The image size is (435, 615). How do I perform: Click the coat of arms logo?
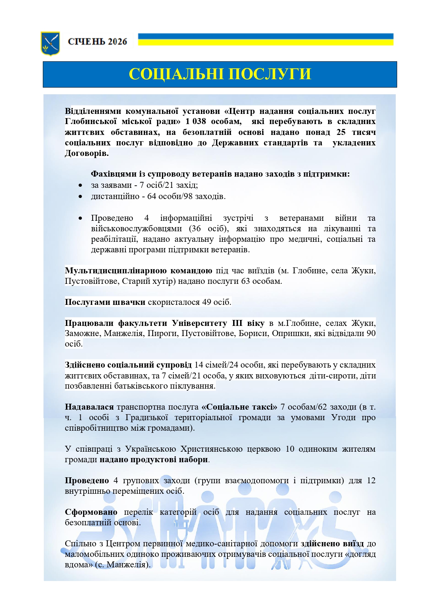50,43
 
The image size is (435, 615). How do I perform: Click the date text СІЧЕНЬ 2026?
97,42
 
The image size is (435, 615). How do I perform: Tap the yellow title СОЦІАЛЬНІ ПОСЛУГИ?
220,74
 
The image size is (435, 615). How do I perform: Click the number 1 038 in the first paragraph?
196,122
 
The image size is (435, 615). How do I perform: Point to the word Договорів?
87,153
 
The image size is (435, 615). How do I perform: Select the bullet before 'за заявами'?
81,185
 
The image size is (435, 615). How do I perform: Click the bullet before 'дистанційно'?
81,197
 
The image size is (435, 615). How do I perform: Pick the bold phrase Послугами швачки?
105,302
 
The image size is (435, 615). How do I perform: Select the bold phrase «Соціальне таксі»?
239,407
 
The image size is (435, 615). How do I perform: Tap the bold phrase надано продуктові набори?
154,459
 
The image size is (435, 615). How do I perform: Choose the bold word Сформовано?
91,512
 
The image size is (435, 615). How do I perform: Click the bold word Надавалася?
89,407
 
